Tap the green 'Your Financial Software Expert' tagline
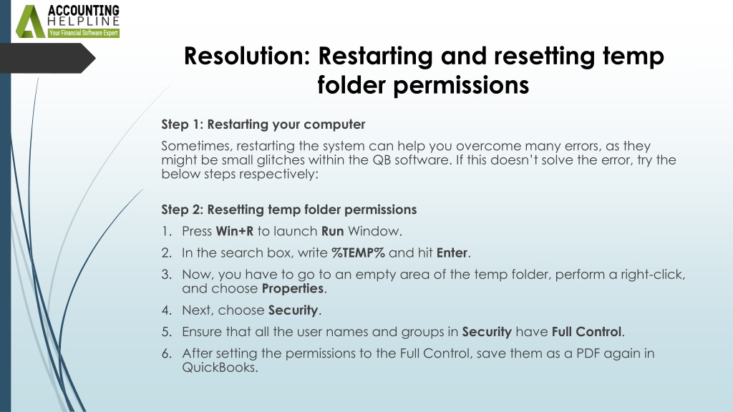click(x=84, y=33)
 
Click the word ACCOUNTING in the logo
click(x=84, y=10)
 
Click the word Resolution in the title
click(x=247, y=56)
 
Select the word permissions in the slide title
click(x=461, y=85)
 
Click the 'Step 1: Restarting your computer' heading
click(x=263, y=124)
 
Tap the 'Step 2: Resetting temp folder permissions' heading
click(x=289, y=210)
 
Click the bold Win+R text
click(x=235, y=231)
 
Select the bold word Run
click(x=332, y=231)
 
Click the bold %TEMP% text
click(x=358, y=252)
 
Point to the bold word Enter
click(x=452, y=252)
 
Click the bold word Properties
click(x=293, y=289)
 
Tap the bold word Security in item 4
click(x=293, y=310)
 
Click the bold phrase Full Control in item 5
click(x=587, y=332)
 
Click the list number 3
click(x=166, y=274)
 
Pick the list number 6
click(x=166, y=353)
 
